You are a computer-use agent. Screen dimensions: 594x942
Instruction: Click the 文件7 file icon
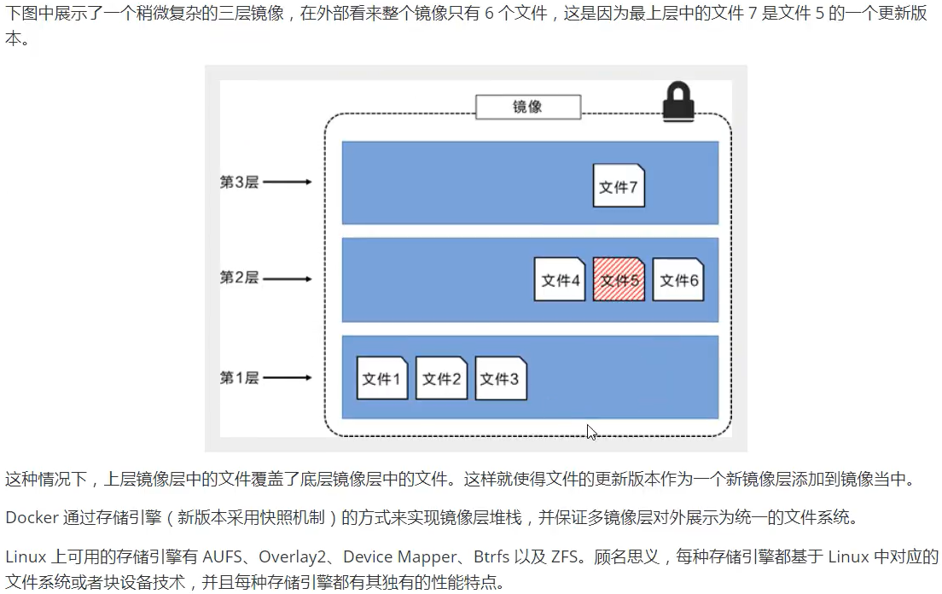click(x=619, y=186)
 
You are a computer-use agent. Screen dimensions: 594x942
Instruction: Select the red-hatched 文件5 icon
click(x=619, y=279)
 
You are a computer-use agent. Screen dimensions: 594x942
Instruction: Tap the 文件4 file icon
click(x=560, y=279)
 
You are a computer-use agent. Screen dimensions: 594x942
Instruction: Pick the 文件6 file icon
click(x=678, y=279)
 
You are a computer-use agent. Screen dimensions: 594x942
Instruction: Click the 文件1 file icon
click(x=381, y=378)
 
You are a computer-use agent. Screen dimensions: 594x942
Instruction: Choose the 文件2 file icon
click(x=441, y=378)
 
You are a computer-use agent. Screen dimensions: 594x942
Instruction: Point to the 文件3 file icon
click(x=500, y=378)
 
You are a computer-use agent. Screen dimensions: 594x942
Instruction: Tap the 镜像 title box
click(x=528, y=107)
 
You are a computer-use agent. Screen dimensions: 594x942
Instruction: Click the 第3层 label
click(x=239, y=182)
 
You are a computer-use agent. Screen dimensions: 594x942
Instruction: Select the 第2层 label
click(x=239, y=278)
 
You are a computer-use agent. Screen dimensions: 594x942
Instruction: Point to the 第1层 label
click(x=239, y=377)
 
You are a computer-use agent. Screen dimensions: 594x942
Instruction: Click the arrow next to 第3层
click(x=288, y=182)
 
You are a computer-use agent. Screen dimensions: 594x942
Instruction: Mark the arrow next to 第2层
click(x=288, y=278)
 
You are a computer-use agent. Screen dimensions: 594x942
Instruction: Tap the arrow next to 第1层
click(x=288, y=377)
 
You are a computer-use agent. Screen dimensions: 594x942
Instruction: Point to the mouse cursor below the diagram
click(x=591, y=432)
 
